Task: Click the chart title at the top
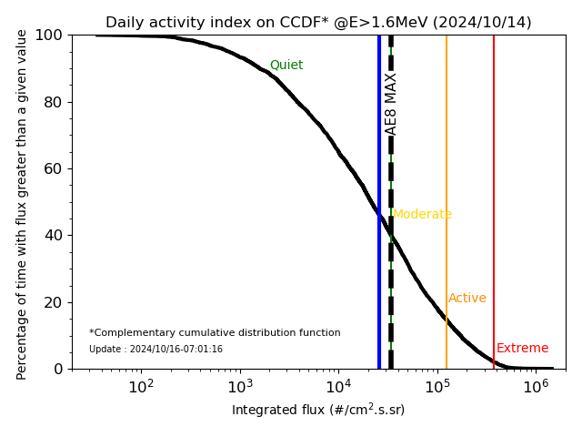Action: click(318, 22)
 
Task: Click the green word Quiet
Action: click(286, 66)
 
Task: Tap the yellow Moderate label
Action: click(422, 215)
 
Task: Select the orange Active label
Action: click(467, 299)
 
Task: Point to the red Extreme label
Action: click(523, 349)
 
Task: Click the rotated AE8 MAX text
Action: click(391, 104)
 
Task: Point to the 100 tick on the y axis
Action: click(53, 35)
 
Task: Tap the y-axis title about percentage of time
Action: click(22, 202)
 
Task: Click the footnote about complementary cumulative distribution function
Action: click(215, 333)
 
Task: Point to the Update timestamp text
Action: click(156, 350)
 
